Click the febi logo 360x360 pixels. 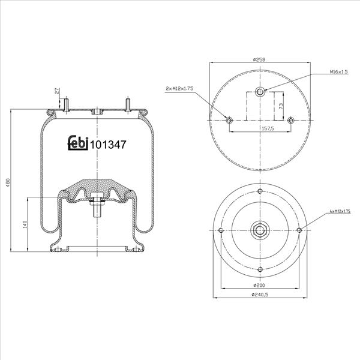coord(78,143)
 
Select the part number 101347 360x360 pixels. coord(108,145)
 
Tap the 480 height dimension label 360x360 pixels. coord(8,182)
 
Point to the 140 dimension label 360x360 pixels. coord(25,224)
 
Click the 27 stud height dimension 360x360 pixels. coord(57,91)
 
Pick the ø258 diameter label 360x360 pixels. coord(259,59)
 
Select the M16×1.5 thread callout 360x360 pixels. coord(339,71)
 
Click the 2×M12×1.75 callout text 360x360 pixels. coord(179,88)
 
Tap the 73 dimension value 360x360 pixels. coord(281,106)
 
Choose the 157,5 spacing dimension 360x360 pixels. coord(268,128)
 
